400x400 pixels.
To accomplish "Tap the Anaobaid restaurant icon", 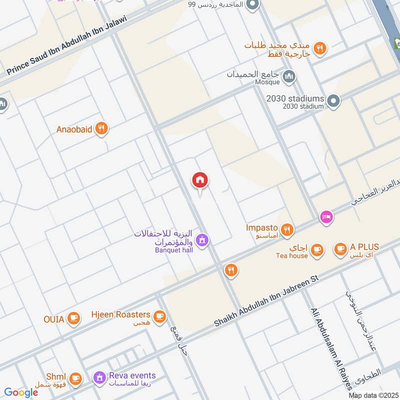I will [101, 129].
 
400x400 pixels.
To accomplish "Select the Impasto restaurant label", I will [261, 227].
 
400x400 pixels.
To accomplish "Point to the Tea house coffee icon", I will [316, 249].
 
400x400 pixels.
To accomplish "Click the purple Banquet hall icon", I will [202, 240].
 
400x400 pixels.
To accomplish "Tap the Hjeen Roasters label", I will [120, 314].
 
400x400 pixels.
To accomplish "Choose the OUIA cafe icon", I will [73, 318].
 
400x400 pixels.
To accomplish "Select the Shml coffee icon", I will [75, 377].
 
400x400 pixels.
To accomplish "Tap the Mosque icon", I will [288, 76].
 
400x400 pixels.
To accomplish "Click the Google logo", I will [21, 392].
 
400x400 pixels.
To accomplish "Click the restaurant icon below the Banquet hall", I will [230, 270].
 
